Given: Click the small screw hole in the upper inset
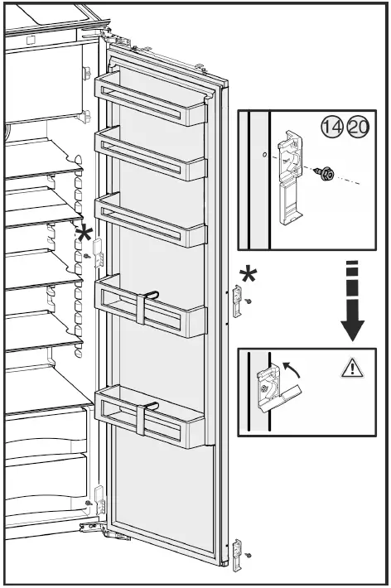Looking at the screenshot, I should point(263,154).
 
